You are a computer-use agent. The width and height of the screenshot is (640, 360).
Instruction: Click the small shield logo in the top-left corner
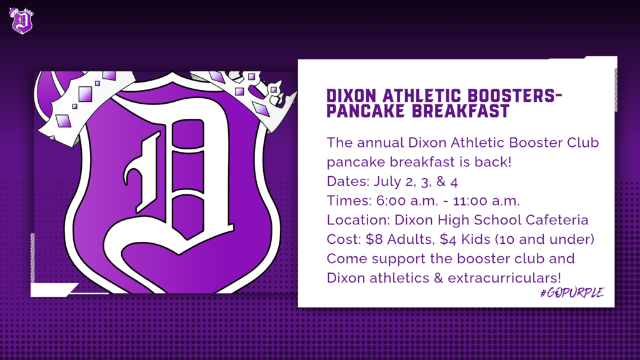pos(22,21)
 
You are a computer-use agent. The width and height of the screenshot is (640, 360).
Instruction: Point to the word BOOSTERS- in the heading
pos(515,96)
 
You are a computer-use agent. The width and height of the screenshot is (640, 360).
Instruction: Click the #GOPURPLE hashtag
pos(572,292)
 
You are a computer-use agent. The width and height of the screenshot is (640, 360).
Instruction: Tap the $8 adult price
pos(374,239)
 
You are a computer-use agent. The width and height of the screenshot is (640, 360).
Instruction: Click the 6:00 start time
pos(391,201)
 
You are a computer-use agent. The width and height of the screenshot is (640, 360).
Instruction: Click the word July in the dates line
pos(387,181)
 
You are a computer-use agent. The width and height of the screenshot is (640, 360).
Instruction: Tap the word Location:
pos(358,219)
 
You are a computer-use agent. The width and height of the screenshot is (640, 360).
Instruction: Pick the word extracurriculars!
pos(504,278)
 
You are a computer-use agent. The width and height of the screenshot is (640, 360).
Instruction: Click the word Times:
pos(349,201)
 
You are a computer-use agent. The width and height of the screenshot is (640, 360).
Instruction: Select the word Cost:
pos(344,239)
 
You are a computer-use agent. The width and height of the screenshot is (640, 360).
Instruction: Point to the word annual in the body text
pos(381,142)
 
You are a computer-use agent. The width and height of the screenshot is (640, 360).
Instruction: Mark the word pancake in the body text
pos(356,162)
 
